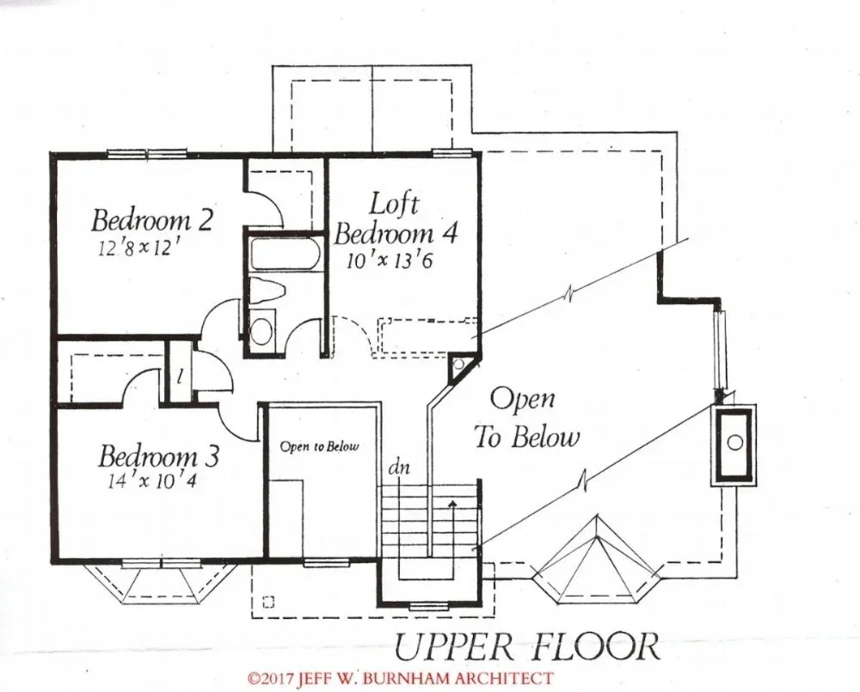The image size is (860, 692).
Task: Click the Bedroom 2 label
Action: (x=151, y=220)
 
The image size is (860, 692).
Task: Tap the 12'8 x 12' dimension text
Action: (x=139, y=248)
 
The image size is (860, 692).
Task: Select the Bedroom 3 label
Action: (x=159, y=456)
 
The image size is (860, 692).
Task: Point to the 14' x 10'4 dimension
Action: (x=152, y=481)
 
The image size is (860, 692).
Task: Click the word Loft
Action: (x=394, y=204)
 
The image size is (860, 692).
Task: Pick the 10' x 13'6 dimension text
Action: (x=390, y=260)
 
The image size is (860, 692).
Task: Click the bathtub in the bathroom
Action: (x=284, y=253)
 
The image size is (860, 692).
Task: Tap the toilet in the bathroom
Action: (x=267, y=290)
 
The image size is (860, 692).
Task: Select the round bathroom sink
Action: (x=261, y=330)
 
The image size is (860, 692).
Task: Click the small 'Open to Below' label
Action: (x=319, y=446)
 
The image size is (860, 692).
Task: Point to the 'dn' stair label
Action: (x=399, y=468)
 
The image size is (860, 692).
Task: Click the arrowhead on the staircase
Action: (x=452, y=503)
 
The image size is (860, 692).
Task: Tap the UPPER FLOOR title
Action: (x=526, y=647)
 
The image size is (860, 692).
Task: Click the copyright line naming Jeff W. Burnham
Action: (x=400, y=678)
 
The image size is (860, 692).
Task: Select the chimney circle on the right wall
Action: (x=734, y=441)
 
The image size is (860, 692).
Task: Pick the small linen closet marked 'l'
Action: (x=180, y=372)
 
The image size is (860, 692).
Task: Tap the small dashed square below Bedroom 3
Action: (x=268, y=602)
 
